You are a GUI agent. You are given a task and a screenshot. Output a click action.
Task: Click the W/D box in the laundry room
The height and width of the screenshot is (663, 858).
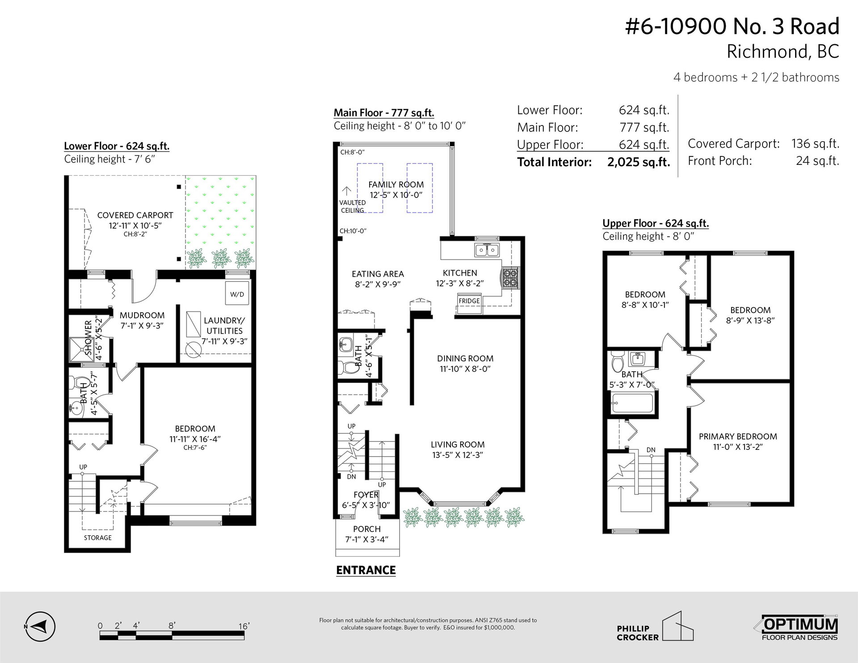pyautogui.click(x=237, y=294)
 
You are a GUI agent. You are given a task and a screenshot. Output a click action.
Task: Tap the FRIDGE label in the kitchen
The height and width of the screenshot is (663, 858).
pyautogui.click(x=469, y=301)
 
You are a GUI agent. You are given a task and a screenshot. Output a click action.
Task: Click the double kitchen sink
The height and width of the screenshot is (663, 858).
pyautogui.click(x=487, y=250)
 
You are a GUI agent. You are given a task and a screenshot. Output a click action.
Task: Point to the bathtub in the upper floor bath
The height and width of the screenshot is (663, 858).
pyautogui.click(x=633, y=403)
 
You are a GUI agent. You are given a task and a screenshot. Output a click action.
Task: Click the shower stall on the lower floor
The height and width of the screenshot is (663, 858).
pyautogui.click(x=80, y=348)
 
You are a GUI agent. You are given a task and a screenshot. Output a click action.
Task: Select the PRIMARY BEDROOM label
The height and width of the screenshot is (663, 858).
pyautogui.click(x=738, y=436)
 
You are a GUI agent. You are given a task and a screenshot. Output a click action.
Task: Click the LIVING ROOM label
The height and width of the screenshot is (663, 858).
pyautogui.click(x=458, y=445)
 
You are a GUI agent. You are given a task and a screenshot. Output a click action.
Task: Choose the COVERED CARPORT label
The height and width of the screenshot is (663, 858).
pyautogui.click(x=135, y=215)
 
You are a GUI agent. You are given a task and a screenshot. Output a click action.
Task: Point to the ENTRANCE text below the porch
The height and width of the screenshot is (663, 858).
pyautogui.click(x=366, y=570)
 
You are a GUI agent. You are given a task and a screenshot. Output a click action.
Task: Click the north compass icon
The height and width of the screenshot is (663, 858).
pyautogui.click(x=40, y=626)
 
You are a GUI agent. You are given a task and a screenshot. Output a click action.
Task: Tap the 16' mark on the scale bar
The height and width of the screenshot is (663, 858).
pyautogui.click(x=244, y=626)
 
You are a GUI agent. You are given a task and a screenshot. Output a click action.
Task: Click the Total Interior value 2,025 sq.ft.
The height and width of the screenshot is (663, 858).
pyautogui.click(x=639, y=162)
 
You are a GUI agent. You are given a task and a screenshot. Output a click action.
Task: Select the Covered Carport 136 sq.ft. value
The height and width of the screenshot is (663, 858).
pyautogui.click(x=816, y=144)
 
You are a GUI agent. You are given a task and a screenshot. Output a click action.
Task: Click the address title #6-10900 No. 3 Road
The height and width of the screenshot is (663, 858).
pyautogui.click(x=732, y=26)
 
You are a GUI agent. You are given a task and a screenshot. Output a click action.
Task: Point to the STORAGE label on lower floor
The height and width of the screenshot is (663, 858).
pyautogui.click(x=98, y=538)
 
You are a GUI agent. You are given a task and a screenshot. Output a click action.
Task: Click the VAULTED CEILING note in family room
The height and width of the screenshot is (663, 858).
pyautogui.click(x=353, y=206)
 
